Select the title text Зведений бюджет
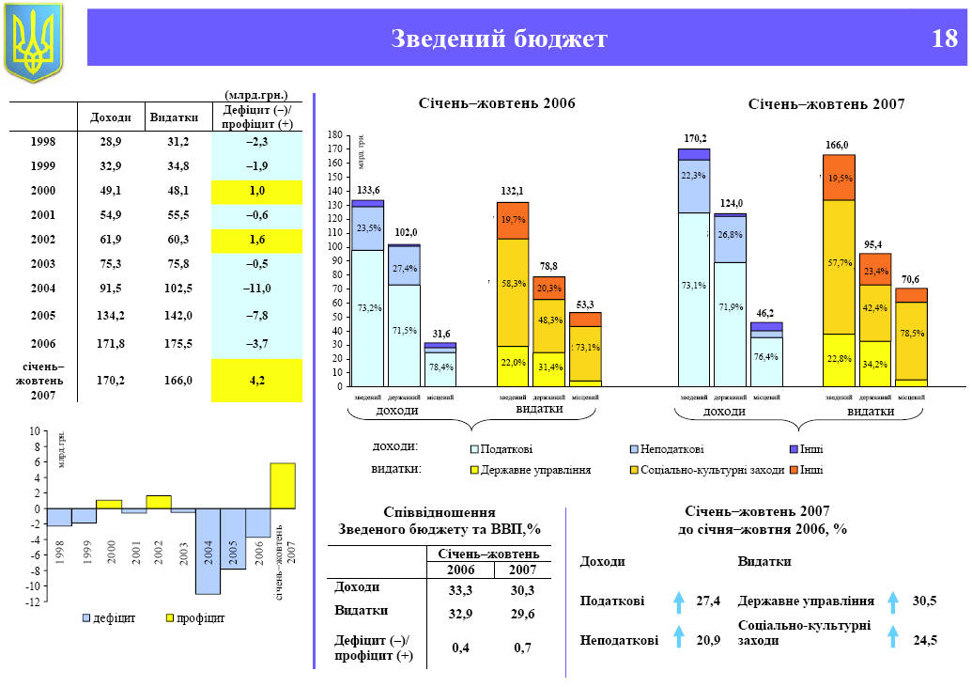click(x=499, y=39)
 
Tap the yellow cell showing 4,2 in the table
click(x=256, y=381)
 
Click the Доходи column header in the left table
click(x=110, y=117)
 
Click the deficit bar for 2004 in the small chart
click(x=208, y=551)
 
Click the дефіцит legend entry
click(x=108, y=618)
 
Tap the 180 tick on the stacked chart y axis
click(x=335, y=136)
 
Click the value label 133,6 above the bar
click(x=368, y=191)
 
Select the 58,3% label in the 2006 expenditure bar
click(x=514, y=283)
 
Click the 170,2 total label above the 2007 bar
click(x=695, y=138)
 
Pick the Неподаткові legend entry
click(x=668, y=450)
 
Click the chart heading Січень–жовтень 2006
click(x=497, y=102)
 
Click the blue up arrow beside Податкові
click(x=678, y=601)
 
